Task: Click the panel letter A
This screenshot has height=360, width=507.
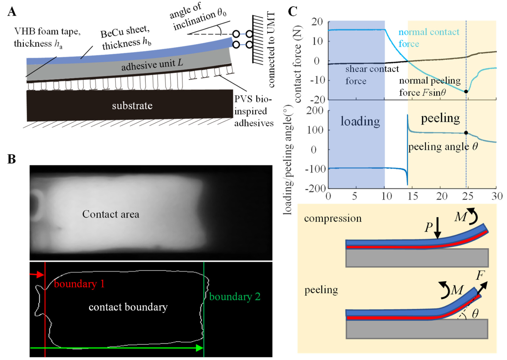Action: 12,12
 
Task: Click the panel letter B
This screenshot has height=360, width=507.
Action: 12,159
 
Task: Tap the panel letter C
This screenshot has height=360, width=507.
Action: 292,12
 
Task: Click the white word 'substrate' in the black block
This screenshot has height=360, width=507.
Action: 132,106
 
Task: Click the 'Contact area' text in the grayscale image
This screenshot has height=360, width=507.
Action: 111,214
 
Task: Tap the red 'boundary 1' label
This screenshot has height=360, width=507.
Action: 79,284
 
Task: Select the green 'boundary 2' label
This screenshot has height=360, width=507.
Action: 235,297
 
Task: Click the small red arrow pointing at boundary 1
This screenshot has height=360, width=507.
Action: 37,275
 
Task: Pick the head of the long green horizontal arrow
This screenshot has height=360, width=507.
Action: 200,348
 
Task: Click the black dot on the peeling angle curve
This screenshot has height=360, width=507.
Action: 466,133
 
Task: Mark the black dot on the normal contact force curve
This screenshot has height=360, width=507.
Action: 466,91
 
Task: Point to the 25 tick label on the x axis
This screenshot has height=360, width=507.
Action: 468,196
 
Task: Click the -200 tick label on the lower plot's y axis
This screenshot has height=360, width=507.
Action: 315,188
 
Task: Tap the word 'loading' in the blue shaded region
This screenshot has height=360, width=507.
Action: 360,121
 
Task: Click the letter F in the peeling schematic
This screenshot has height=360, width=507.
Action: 480,275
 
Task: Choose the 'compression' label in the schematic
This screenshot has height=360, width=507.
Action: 333,219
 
